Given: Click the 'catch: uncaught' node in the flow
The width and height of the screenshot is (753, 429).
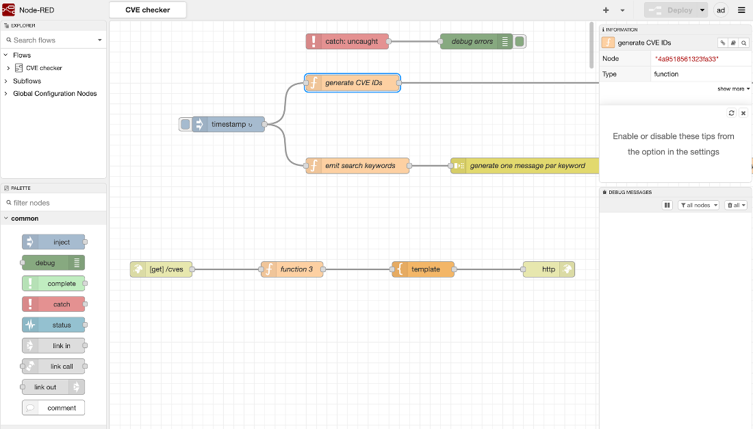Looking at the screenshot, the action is (x=347, y=41).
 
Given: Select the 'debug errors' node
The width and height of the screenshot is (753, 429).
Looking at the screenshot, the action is (x=476, y=41).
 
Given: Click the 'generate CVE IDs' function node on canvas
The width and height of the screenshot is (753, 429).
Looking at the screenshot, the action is (x=353, y=83).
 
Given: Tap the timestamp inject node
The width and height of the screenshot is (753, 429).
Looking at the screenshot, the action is (x=228, y=124).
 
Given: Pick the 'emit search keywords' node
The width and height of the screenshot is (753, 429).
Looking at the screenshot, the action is (x=358, y=165).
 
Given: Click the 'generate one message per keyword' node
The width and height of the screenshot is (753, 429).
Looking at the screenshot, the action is (x=525, y=165).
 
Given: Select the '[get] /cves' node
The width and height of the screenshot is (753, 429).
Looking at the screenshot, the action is (x=162, y=269).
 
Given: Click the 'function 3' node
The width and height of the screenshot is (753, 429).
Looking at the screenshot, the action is (x=292, y=269).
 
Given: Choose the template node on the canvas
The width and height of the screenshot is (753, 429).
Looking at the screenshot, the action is (x=423, y=269).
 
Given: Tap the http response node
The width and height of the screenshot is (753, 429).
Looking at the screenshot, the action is (x=548, y=269).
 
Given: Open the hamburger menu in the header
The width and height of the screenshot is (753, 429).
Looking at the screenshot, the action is (x=741, y=10).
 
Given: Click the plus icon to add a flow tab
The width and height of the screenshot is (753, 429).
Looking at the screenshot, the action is (x=606, y=10).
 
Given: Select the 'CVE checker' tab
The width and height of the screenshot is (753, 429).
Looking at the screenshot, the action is (x=148, y=10).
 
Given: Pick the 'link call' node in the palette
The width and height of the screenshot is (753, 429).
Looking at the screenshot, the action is (x=53, y=367).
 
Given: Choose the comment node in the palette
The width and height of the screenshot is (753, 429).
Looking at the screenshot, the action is (x=53, y=408).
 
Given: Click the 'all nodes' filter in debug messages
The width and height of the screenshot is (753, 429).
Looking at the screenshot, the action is (x=698, y=206).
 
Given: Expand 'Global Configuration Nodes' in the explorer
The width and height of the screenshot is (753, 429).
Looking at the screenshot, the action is (x=55, y=93).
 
